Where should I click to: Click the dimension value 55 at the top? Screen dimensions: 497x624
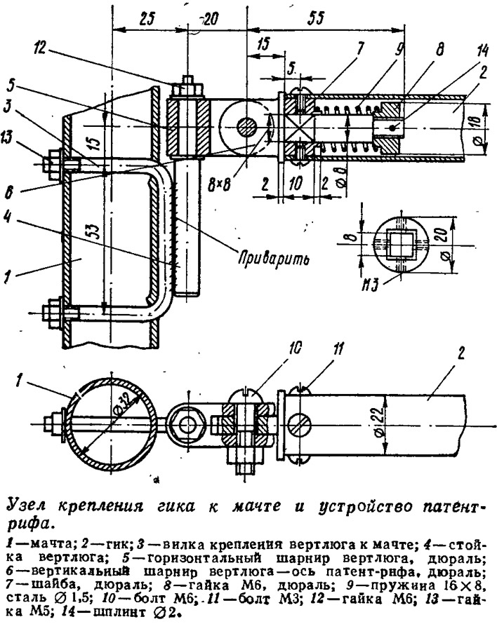click(x=316, y=18)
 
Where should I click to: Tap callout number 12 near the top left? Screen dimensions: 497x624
click(x=40, y=46)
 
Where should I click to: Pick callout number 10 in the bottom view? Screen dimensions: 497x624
click(x=295, y=348)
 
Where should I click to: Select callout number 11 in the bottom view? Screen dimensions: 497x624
click(x=338, y=349)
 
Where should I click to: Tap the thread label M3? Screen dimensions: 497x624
click(x=371, y=285)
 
